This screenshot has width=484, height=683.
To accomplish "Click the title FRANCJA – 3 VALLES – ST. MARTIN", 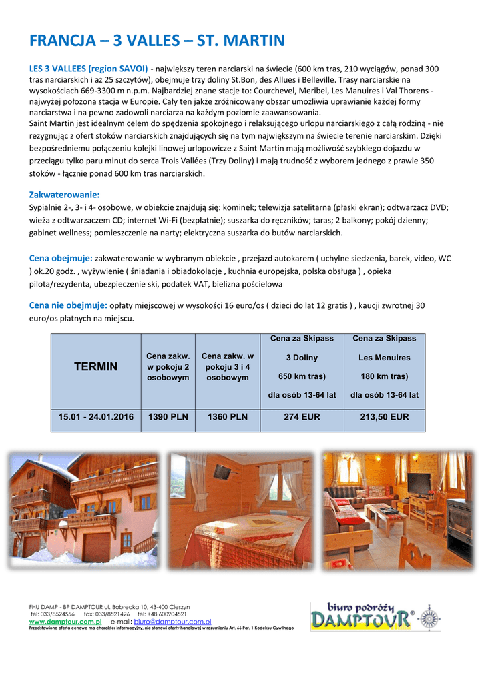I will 157,41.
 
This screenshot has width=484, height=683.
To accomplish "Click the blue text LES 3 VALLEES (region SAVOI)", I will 88,69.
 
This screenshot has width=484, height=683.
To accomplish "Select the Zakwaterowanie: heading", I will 64,195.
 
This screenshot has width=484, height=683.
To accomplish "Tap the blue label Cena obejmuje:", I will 61,258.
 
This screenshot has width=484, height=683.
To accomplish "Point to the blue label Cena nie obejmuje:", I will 68,305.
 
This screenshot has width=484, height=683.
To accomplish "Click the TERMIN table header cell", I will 95,367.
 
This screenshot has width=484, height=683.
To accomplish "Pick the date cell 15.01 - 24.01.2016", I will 95,417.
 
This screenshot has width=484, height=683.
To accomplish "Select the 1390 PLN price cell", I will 168,417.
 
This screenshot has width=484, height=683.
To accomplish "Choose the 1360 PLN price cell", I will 227,417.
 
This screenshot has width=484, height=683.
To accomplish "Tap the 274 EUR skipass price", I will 302,417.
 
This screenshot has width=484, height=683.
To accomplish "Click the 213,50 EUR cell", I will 385,417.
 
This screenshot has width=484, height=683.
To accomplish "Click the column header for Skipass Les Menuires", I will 385,367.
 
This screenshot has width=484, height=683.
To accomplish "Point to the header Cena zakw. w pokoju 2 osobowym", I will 168,367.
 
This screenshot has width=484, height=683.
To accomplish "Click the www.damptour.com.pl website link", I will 61,621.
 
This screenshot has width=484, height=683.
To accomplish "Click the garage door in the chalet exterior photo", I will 97,546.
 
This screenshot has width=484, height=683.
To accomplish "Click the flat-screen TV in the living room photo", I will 419,483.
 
